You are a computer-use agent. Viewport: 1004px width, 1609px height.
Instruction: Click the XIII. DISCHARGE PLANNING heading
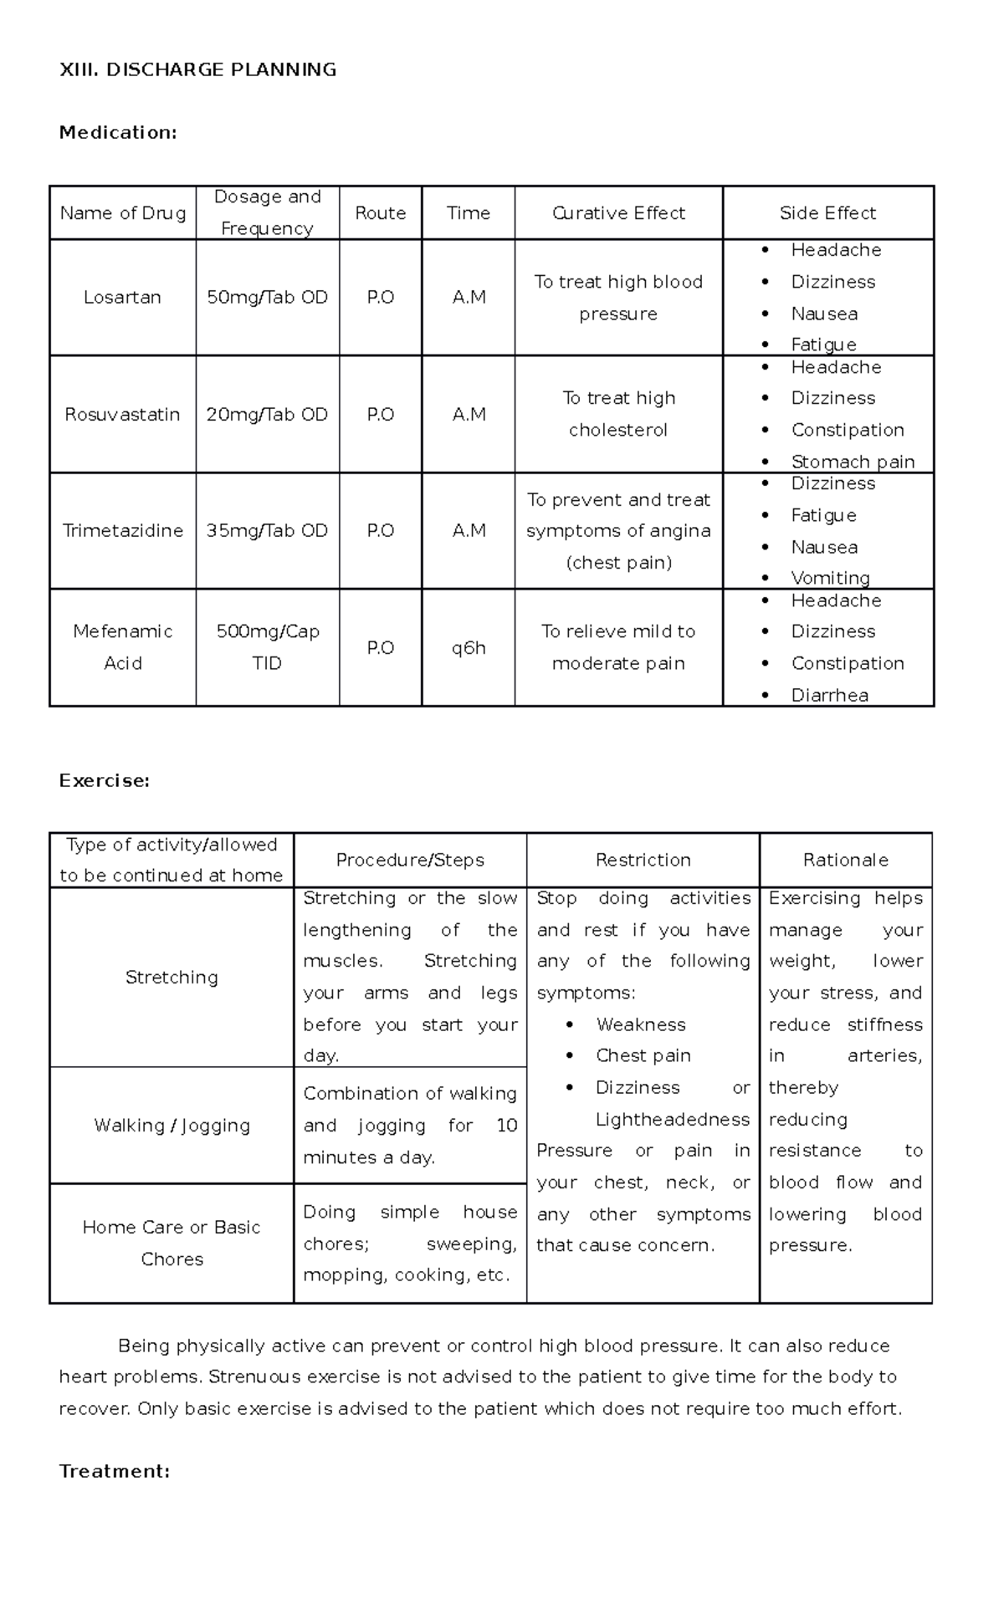coord(197,70)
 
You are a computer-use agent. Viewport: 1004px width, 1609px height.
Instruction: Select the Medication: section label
coord(118,133)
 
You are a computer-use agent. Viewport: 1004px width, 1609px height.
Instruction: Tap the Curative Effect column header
coord(618,213)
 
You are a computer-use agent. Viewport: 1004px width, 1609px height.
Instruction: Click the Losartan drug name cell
coord(122,298)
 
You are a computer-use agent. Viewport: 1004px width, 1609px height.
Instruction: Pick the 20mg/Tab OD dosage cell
coord(267,415)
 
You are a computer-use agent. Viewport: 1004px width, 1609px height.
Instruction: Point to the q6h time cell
coord(468,648)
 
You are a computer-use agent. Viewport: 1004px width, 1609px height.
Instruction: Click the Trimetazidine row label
coord(122,531)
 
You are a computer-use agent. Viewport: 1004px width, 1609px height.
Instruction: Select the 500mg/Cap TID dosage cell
coord(267,647)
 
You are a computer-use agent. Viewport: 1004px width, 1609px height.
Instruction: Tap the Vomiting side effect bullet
coord(830,578)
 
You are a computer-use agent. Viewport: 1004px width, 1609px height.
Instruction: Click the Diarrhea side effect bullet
coord(829,695)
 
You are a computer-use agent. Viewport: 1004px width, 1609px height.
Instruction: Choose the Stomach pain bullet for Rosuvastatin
coord(852,462)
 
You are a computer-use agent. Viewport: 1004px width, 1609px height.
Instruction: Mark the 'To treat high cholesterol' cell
coord(618,414)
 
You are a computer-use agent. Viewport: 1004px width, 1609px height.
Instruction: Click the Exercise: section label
coord(104,781)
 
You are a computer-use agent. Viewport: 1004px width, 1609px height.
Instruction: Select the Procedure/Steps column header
coord(410,861)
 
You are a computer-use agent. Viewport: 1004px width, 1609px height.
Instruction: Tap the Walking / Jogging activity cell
coord(172,1126)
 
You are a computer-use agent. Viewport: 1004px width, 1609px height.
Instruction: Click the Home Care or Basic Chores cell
coord(172,1243)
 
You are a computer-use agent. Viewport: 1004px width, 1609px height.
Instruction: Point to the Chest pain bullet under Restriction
coord(643,1056)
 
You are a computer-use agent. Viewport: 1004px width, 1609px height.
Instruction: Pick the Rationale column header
coord(845,861)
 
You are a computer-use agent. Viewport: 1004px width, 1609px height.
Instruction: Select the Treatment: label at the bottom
coord(115,1471)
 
